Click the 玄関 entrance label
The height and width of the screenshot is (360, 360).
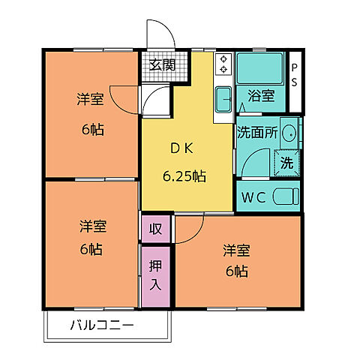[x=161, y=65]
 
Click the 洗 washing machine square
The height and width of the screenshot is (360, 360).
[x=287, y=160]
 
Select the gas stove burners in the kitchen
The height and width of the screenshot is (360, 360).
[x=223, y=65]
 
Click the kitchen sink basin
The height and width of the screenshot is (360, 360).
[x=223, y=97]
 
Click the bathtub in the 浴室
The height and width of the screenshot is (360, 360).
[x=259, y=68]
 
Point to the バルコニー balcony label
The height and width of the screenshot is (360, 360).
[x=103, y=325]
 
